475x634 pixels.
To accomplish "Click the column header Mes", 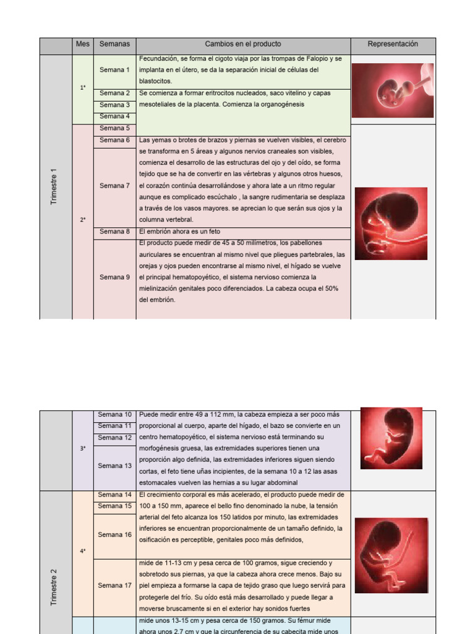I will pyautogui.click(x=83, y=45).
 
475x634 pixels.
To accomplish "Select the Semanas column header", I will pyautogui.click(x=114, y=45).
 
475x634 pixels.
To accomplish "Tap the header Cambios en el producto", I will pyautogui.click(x=243, y=45).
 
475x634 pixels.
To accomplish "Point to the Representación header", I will pyautogui.click(x=393, y=45).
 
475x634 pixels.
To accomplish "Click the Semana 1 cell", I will pyautogui.click(x=114, y=70).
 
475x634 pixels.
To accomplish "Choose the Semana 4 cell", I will pyautogui.click(x=114, y=116).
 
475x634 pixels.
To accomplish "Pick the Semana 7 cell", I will pyautogui.click(x=114, y=186).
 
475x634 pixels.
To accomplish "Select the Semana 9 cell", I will pyautogui.click(x=114, y=277).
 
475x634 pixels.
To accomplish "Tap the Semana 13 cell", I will pyautogui.click(x=114, y=466).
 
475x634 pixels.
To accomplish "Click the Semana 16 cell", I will pyautogui.click(x=114, y=535).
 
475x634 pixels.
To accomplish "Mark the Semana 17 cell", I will pyautogui.click(x=114, y=586).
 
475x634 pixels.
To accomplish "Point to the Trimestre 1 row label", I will pyautogui.click(x=54, y=187).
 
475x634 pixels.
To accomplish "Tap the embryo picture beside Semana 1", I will pyautogui.click(x=392, y=90).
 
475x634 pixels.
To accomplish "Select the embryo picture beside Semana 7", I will pyautogui.click(x=390, y=224).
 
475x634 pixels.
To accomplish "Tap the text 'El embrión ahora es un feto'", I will pyautogui.click(x=179, y=232).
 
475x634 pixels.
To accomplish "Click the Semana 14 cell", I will pyautogui.click(x=114, y=495).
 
